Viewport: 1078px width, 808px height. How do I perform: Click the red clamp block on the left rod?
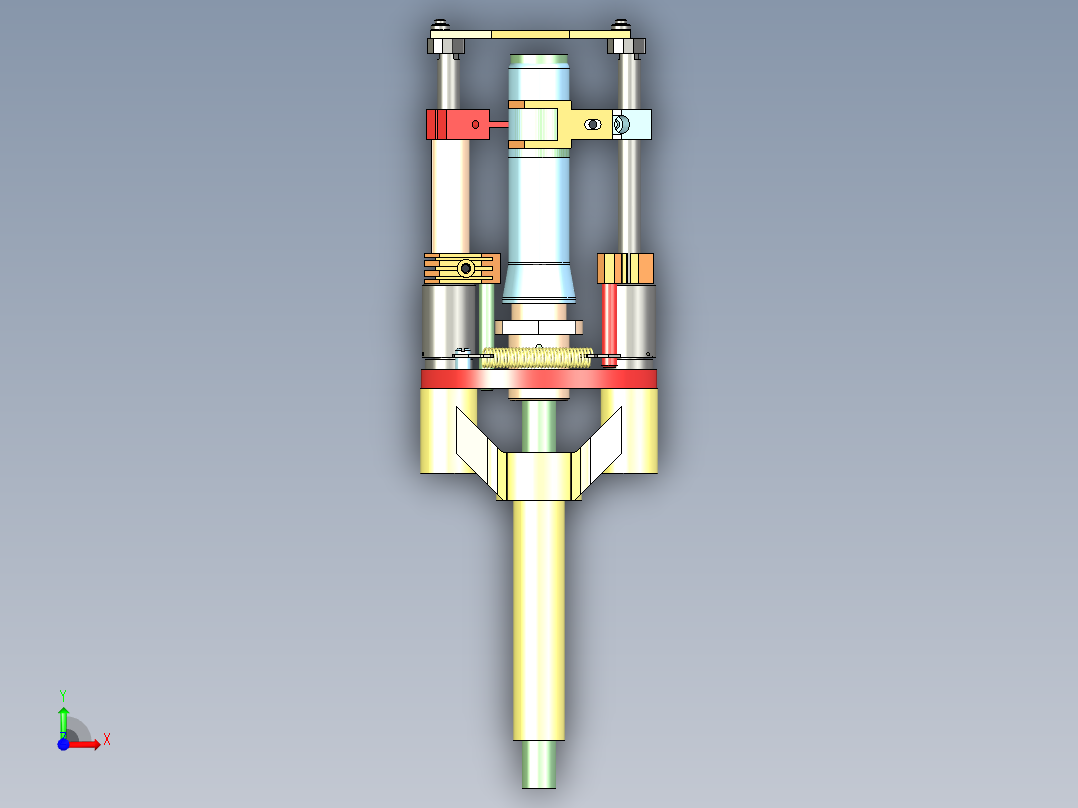[450, 124]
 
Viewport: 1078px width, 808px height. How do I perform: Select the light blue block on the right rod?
[636, 124]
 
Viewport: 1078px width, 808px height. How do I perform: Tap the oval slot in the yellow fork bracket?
[593, 124]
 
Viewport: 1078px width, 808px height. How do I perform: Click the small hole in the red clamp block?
[476, 124]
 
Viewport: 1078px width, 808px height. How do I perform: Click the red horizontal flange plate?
[538, 379]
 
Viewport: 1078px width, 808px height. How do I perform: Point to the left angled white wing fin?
[476, 450]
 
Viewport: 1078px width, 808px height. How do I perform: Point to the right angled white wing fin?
[602, 450]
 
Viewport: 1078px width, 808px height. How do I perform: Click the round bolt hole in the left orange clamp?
[465, 268]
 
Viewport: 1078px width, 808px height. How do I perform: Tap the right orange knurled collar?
[625, 268]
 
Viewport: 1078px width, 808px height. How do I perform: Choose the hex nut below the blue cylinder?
[538, 327]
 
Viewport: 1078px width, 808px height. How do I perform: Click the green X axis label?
[106, 740]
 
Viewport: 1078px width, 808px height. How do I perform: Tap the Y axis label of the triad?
[62, 694]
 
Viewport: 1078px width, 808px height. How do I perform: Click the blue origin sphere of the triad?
[63, 744]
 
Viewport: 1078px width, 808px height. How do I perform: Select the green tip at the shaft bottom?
[538, 765]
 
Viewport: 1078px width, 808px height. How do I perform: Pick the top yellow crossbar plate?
[538, 33]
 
